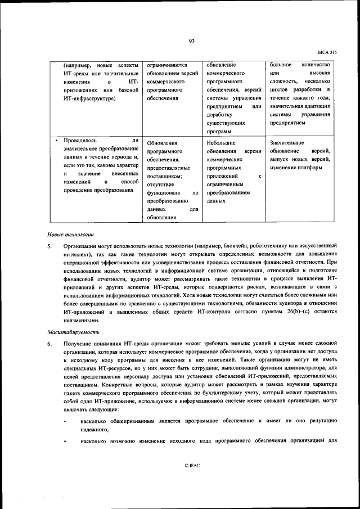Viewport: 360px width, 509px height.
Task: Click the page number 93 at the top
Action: pos(191,40)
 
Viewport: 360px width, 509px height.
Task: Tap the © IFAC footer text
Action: pos(191,466)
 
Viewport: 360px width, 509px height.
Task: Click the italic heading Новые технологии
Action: pos(70,233)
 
